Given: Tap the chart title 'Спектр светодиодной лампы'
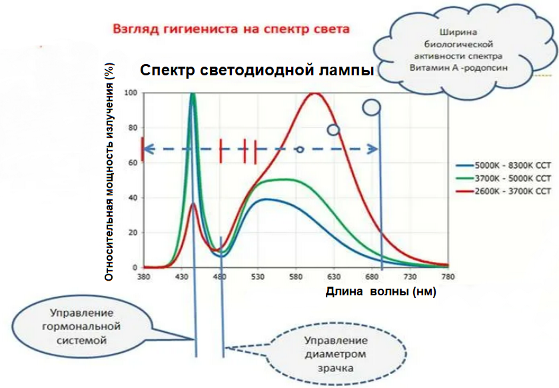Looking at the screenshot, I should (257, 71).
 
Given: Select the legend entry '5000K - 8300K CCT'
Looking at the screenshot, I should (512, 164).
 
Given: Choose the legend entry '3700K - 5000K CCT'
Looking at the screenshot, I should (512, 178).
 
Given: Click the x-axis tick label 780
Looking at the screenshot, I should (447, 276).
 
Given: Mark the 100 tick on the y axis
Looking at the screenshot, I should (131, 93).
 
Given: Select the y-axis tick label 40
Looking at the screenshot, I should (133, 198).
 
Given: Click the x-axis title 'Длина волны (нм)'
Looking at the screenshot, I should (380, 292).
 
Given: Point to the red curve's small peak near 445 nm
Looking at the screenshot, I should (193, 205).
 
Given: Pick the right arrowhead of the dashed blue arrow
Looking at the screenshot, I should (374, 149).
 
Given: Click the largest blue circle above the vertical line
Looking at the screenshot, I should (371, 107).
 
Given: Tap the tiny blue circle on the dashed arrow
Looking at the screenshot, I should (300, 149).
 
